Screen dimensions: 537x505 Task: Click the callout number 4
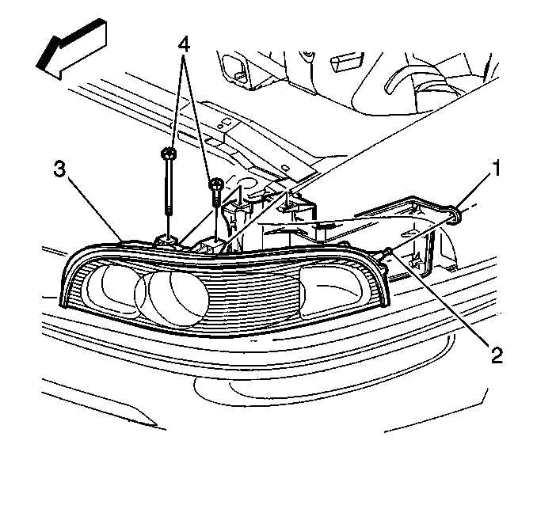[x=184, y=45]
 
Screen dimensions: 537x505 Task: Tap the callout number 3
[x=59, y=169]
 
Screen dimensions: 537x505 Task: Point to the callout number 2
[x=497, y=355]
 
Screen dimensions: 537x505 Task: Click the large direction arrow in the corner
[x=71, y=50]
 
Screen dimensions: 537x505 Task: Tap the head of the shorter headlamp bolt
[x=216, y=184]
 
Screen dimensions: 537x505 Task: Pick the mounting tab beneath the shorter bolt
[x=208, y=246]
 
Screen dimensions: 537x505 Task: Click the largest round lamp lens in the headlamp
[x=178, y=294]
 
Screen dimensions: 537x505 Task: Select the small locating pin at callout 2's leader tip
[x=387, y=252]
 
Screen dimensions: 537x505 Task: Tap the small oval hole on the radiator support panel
[x=284, y=167]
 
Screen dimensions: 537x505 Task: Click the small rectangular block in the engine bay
[x=346, y=62]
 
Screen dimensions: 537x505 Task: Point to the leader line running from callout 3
[x=94, y=208]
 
